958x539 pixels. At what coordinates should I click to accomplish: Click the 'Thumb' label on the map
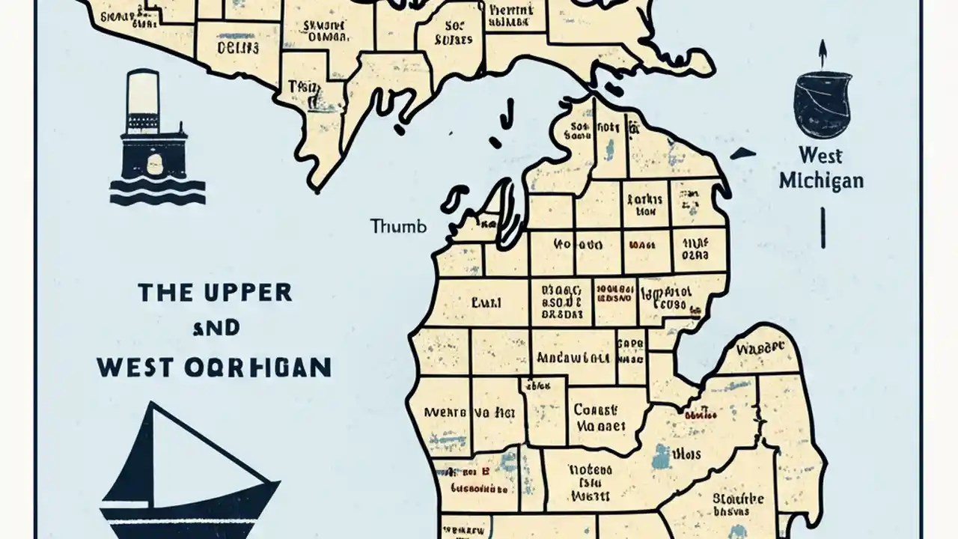click(x=397, y=226)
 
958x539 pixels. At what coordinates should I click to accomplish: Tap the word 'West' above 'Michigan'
click(x=820, y=156)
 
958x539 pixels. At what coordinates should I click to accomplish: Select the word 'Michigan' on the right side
click(x=821, y=181)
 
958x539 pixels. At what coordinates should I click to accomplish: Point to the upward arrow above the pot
click(x=822, y=52)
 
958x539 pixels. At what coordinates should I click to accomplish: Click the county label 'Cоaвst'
click(x=596, y=410)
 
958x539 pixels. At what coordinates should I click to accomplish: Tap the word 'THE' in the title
click(x=165, y=293)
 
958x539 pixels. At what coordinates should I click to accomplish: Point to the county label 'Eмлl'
click(x=486, y=304)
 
